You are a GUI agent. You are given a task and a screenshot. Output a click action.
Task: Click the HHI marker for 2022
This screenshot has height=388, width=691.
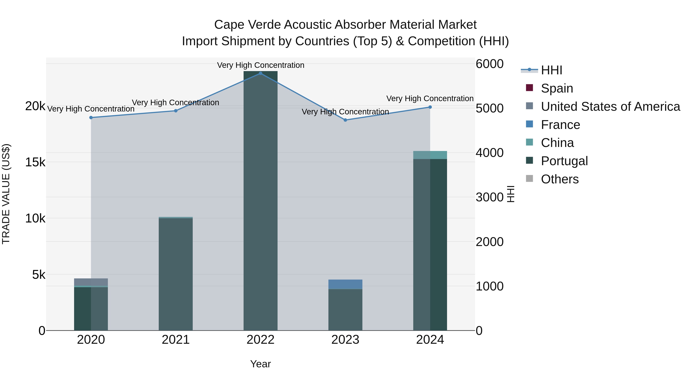pyautogui.click(x=260, y=73)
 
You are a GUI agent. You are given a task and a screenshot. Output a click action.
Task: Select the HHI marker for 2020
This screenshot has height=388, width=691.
pyautogui.click(x=91, y=118)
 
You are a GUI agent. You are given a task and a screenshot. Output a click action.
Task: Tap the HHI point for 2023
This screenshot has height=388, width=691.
pyautogui.click(x=345, y=120)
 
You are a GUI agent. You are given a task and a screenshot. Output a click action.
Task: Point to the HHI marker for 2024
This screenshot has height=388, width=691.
pyautogui.click(x=430, y=107)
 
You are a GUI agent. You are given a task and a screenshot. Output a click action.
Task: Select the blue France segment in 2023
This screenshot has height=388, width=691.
pyautogui.click(x=345, y=284)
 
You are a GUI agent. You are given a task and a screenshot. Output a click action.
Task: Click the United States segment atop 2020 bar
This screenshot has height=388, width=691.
pyautogui.click(x=91, y=282)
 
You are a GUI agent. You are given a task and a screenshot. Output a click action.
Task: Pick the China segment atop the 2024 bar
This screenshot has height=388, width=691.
pyautogui.click(x=430, y=155)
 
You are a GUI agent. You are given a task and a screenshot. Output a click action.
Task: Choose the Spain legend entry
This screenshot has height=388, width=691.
pyautogui.click(x=557, y=88)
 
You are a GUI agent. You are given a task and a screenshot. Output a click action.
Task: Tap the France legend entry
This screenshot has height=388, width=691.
pyautogui.click(x=560, y=125)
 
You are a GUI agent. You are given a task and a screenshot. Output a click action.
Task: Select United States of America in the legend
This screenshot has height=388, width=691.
pyautogui.click(x=610, y=107)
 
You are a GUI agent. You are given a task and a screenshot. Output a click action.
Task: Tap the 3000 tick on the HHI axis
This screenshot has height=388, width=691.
pyautogui.click(x=489, y=197)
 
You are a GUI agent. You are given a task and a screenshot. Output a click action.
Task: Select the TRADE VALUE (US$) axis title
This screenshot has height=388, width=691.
pyautogui.click(x=6, y=194)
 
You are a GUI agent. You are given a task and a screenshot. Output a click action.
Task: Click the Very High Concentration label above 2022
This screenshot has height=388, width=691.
pyautogui.click(x=260, y=65)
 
